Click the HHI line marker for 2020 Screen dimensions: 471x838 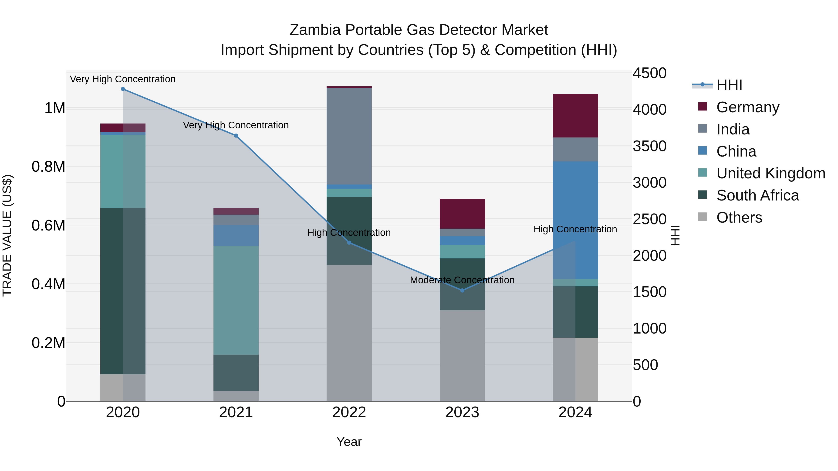click(123, 89)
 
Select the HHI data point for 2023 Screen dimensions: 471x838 click(462, 290)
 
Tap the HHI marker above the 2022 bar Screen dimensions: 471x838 click(349, 243)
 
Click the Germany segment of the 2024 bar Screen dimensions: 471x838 click(575, 116)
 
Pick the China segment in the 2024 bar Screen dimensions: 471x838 click(575, 220)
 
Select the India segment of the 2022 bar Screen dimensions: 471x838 click(349, 136)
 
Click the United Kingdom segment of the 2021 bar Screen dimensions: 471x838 click(236, 300)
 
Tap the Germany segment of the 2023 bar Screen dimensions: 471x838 click(462, 214)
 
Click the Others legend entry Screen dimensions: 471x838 click(739, 217)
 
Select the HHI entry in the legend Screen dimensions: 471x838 click(729, 85)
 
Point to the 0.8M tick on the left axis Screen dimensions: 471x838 click(48, 167)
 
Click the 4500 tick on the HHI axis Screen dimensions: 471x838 click(649, 73)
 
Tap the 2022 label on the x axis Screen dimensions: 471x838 click(349, 412)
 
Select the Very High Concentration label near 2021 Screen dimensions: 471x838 click(236, 125)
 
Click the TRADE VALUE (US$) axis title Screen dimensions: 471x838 click(7, 235)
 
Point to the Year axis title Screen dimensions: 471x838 click(349, 442)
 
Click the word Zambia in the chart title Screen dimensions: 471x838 click(315, 30)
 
